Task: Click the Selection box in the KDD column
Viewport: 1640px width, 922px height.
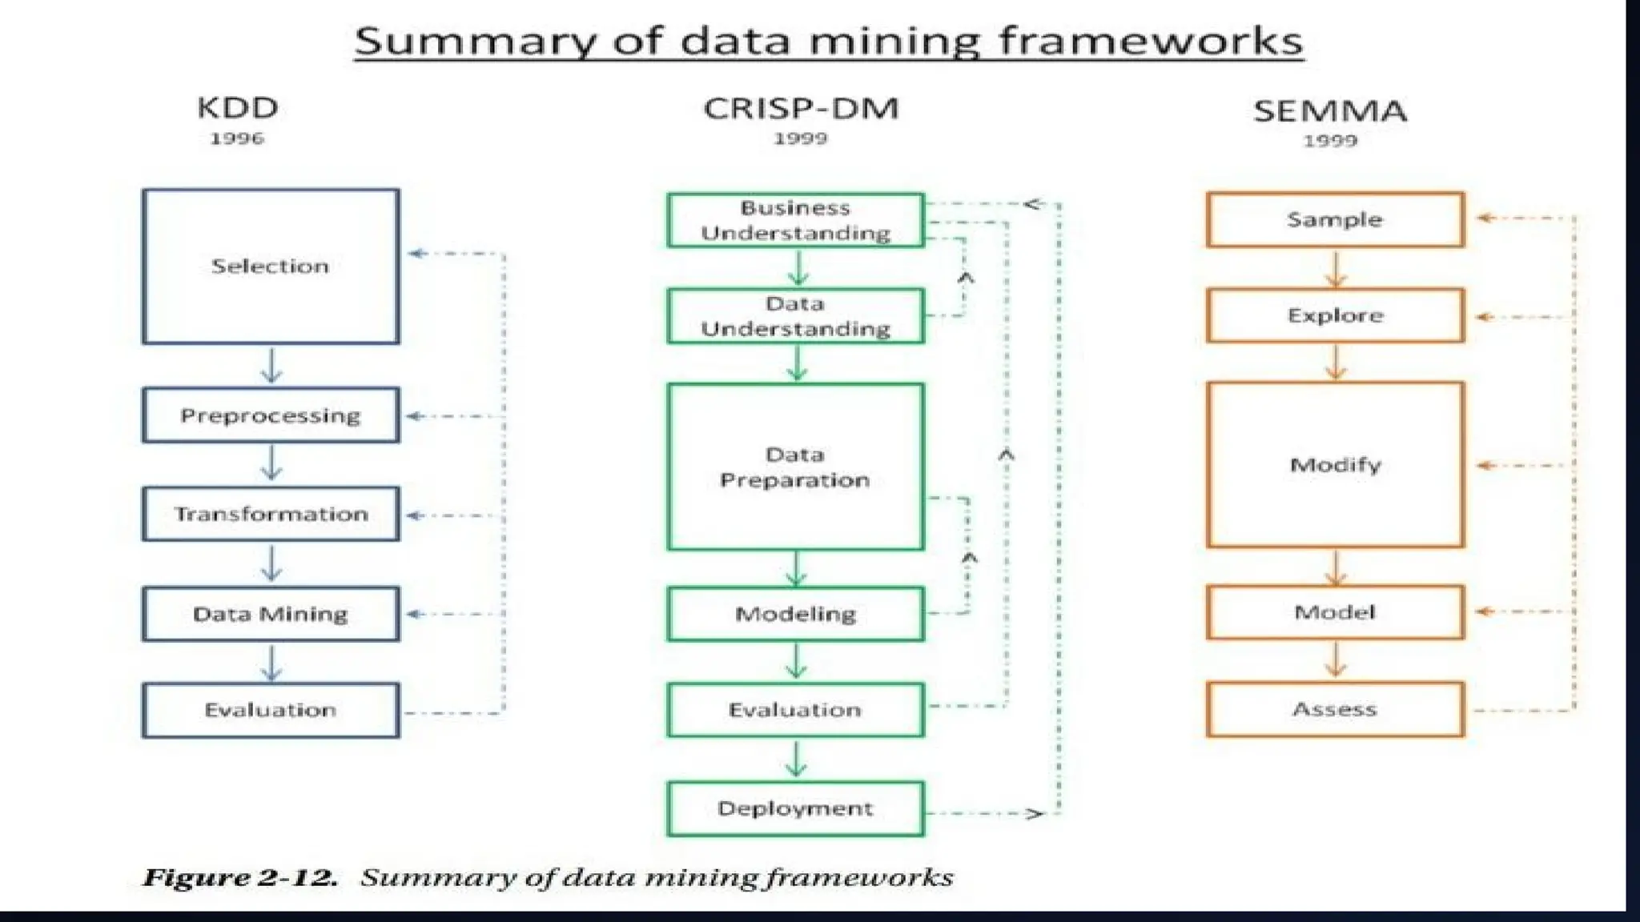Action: click(271, 267)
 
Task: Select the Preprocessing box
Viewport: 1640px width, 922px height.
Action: click(271, 415)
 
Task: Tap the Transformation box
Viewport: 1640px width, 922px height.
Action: click(271, 514)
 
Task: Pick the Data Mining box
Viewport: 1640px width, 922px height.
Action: click(271, 614)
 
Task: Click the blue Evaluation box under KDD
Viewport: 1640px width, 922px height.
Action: click(271, 710)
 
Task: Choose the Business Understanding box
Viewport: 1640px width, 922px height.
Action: click(795, 220)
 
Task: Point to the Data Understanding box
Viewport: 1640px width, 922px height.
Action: click(795, 316)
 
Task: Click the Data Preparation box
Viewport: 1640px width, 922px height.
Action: click(795, 467)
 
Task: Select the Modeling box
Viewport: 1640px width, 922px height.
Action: click(795, 614)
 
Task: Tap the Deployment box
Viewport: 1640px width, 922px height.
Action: click(795, 808)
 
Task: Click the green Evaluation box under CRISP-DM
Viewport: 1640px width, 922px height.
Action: click(795, 710)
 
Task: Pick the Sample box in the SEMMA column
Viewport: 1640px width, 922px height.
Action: click(1335, 219)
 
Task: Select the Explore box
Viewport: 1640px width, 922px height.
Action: click(1335, 315)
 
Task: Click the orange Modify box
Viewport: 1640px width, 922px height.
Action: click(1335, 465)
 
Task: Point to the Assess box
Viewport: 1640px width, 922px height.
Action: click(1335, 709)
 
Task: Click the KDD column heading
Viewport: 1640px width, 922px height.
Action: click(238, 108)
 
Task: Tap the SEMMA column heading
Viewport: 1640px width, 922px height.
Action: click(1330, 111)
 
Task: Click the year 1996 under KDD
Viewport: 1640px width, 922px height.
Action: click(237, 138)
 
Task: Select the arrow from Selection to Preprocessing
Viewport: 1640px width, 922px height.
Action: click(271, 366)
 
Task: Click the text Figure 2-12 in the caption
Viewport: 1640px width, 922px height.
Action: click(239, 878)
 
